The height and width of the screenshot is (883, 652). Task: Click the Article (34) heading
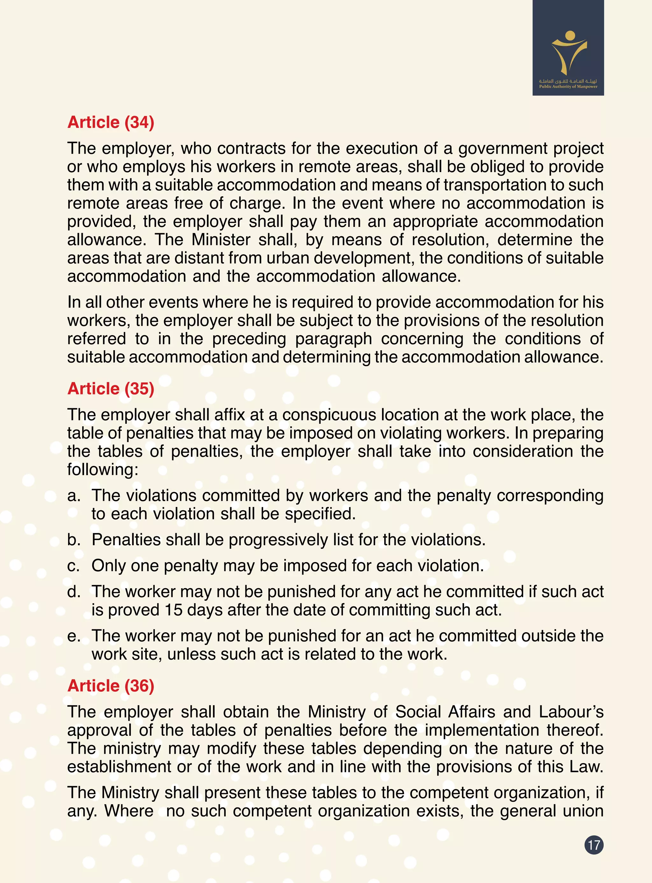pyautogui.click(x=110, y=122)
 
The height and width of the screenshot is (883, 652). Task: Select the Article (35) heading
pyautogui.click(x=110, y=389)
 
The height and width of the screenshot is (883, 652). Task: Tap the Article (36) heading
pyautogui.click(x=110, y=686)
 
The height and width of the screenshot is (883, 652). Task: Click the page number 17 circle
pyautogui.click(x=594, y=845)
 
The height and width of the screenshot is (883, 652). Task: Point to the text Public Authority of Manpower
pyautogui.click(x=568, y=87)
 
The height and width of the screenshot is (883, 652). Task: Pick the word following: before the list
pyautogui.click(x=103, y=470)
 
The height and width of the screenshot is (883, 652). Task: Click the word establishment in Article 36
pyautogui.click(x=119, y=767)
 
